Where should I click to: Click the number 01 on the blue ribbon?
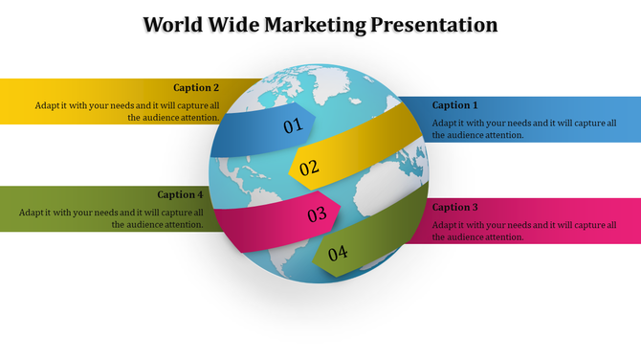(x=293, y=125)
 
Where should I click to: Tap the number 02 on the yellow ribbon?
(x=309, y=169)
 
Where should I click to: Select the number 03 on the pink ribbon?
(x=318, y=215)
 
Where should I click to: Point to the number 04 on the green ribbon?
(x=338, y=254)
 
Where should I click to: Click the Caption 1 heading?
(x=454, y=105)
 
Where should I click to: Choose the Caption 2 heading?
(x=196, y=87)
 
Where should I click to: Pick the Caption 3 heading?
(x=454, y=207)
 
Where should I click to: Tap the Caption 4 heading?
(x=181, y=194)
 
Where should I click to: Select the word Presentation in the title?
(x=432, y=25)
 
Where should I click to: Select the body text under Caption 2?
(x=127, y=111)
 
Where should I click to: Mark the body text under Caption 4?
(x=111, y=218)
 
